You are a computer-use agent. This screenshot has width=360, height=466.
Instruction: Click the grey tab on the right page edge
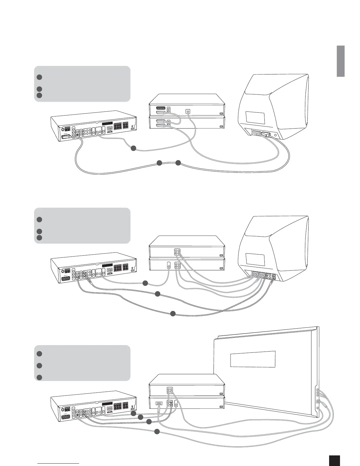click(341, 61)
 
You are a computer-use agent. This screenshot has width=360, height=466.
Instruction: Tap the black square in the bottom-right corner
click(334, 460)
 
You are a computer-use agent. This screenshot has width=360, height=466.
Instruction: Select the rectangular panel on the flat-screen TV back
click(253, 359)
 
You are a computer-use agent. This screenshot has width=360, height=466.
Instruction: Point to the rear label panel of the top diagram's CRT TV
click(255, 118)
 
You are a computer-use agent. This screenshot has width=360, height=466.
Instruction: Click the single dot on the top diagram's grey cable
click(133, 149)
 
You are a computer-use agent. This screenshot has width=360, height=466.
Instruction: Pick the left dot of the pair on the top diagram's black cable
click(159, 163)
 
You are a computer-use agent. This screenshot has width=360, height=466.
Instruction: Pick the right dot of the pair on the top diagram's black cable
click(178, 163)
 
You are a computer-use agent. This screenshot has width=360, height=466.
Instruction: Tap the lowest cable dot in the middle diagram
click(173, 314)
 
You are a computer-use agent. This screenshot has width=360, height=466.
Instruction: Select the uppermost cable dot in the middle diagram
click(145, 283)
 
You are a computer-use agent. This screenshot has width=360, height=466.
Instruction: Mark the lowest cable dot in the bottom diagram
click(157, 432)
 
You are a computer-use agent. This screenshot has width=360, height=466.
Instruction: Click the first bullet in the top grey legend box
click(39, 77)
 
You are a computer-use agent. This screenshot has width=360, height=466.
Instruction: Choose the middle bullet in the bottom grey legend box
click(39, 366)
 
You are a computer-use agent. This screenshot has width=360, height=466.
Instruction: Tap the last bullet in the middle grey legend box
click(39, 237)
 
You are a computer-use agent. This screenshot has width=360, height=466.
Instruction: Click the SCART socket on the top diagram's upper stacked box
click(160, 109)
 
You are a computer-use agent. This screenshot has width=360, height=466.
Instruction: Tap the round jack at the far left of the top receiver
click(62, 129)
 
